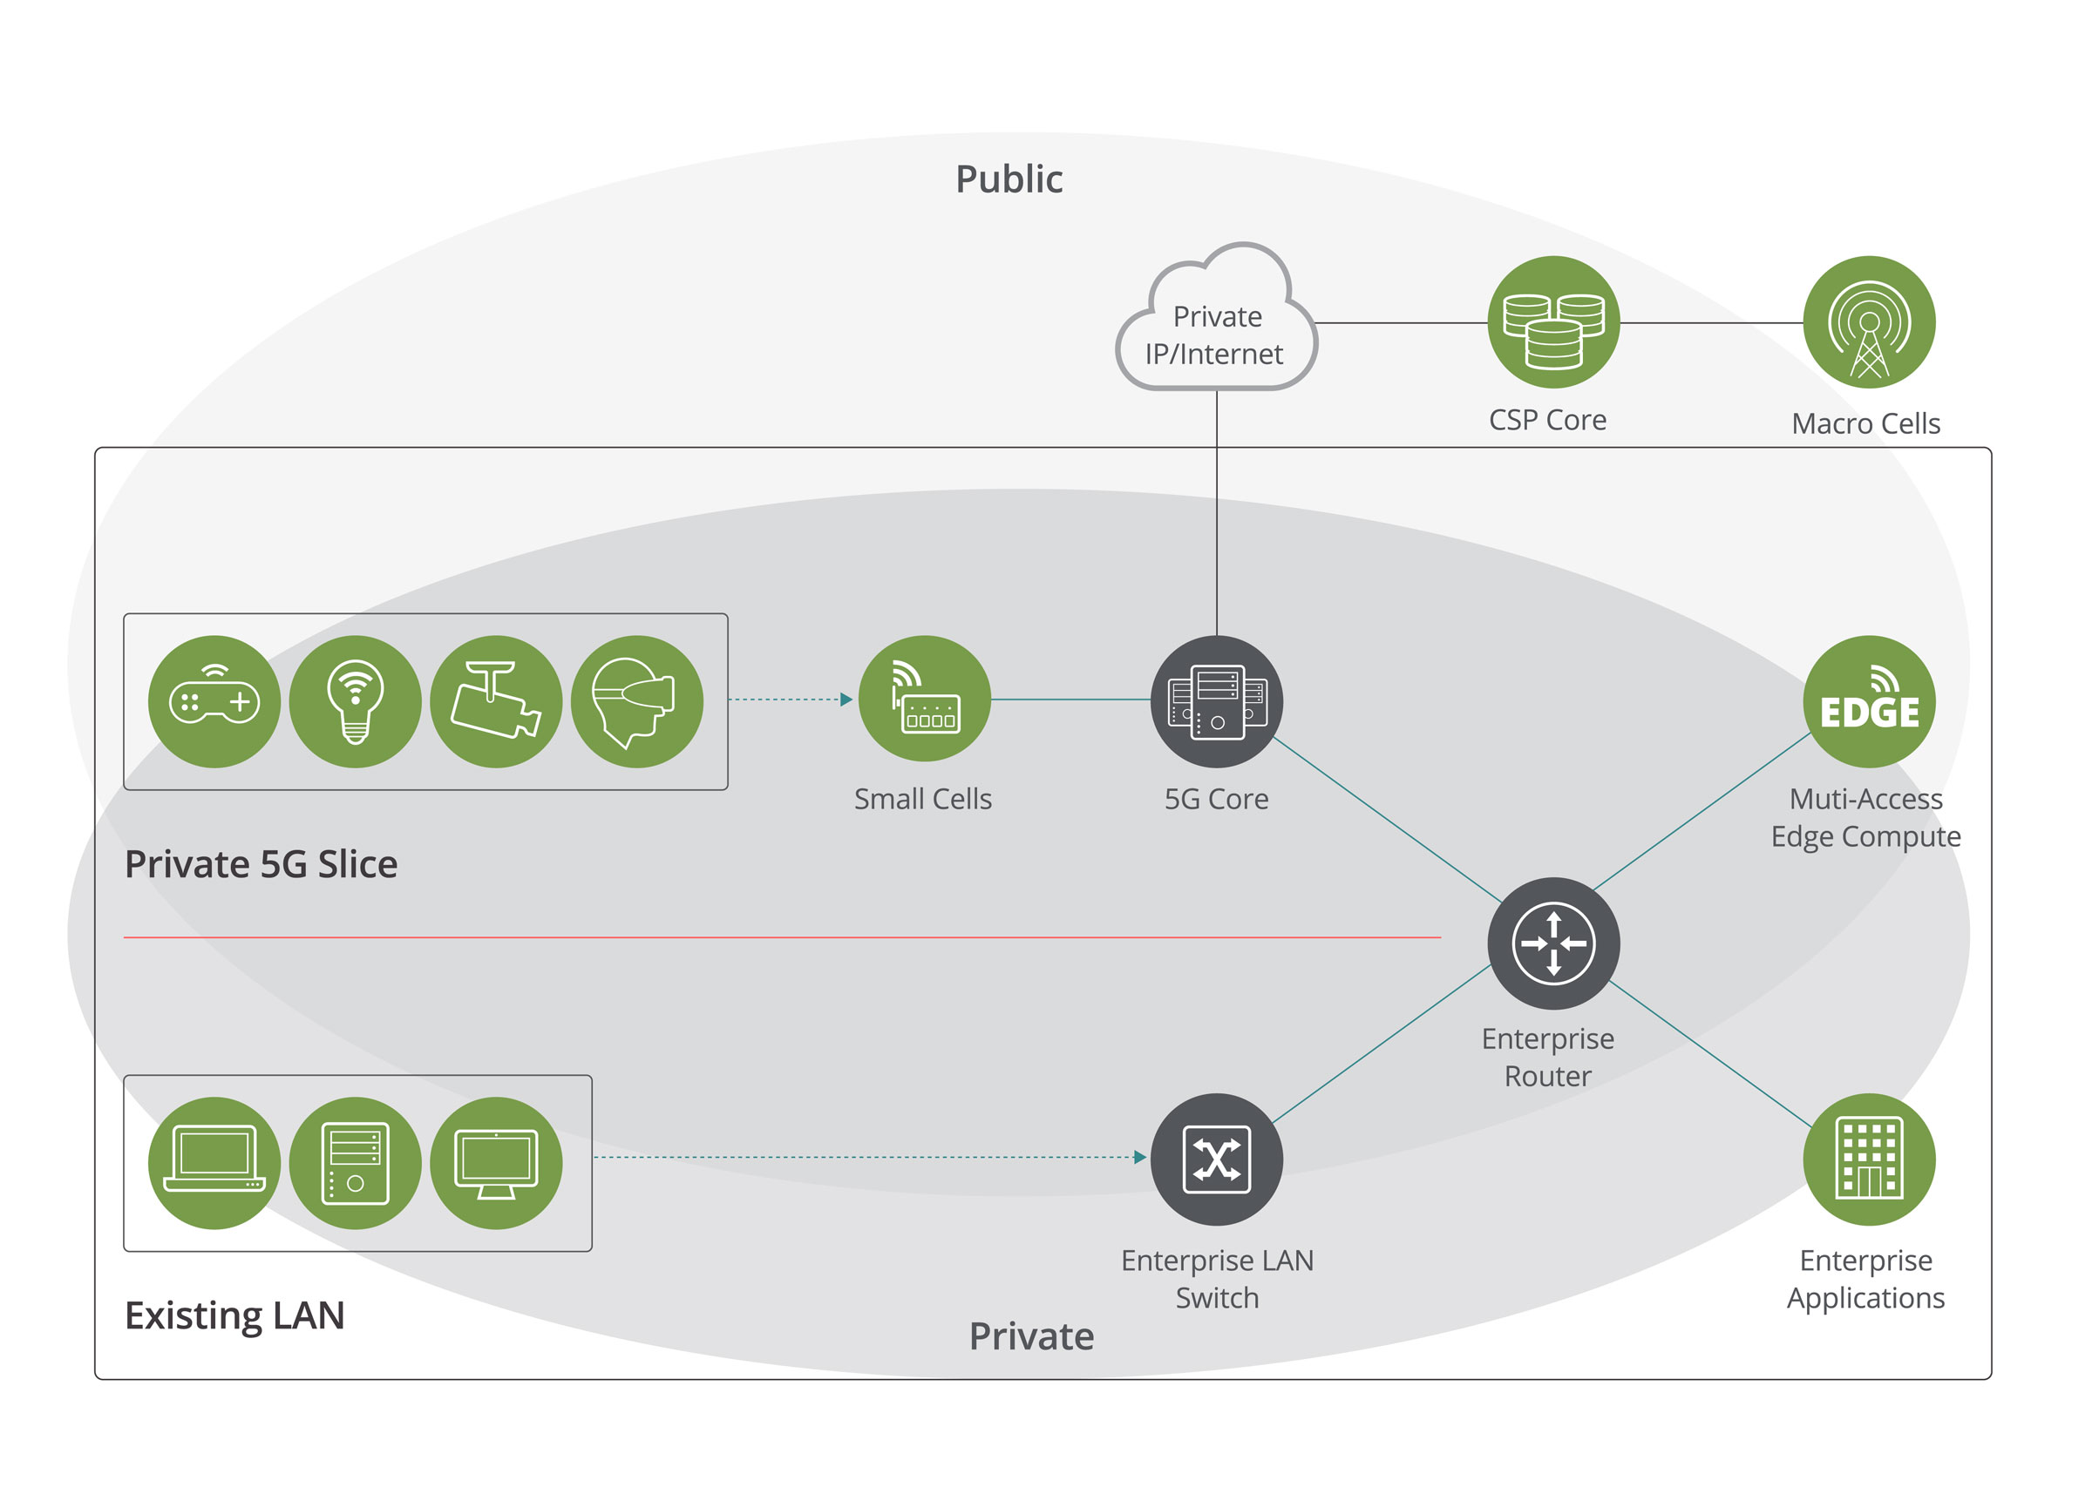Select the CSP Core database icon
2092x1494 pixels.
click(1552, 322)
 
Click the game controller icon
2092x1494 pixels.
click(214, 701)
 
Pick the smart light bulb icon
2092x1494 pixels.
click(356, 701)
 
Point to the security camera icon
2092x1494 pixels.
click(496, 701)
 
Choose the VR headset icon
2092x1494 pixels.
click(637, 701)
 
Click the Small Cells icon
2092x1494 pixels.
click(924, 700)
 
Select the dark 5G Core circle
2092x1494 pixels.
click(1216, 701)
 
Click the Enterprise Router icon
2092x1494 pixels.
click(1552, 943)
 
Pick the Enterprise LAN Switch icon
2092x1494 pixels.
click(1216, 1159)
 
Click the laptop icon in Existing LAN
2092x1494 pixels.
click(214, 1162)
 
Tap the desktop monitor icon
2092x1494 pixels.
click(496, 1162)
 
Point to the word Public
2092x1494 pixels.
click(1009, 179)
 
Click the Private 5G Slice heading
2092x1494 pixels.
click(261, 864)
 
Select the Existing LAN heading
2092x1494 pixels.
click(234, 1315)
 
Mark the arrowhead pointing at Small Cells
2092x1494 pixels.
click(846, 700)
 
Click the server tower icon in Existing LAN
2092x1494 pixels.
click(356, 1162)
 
